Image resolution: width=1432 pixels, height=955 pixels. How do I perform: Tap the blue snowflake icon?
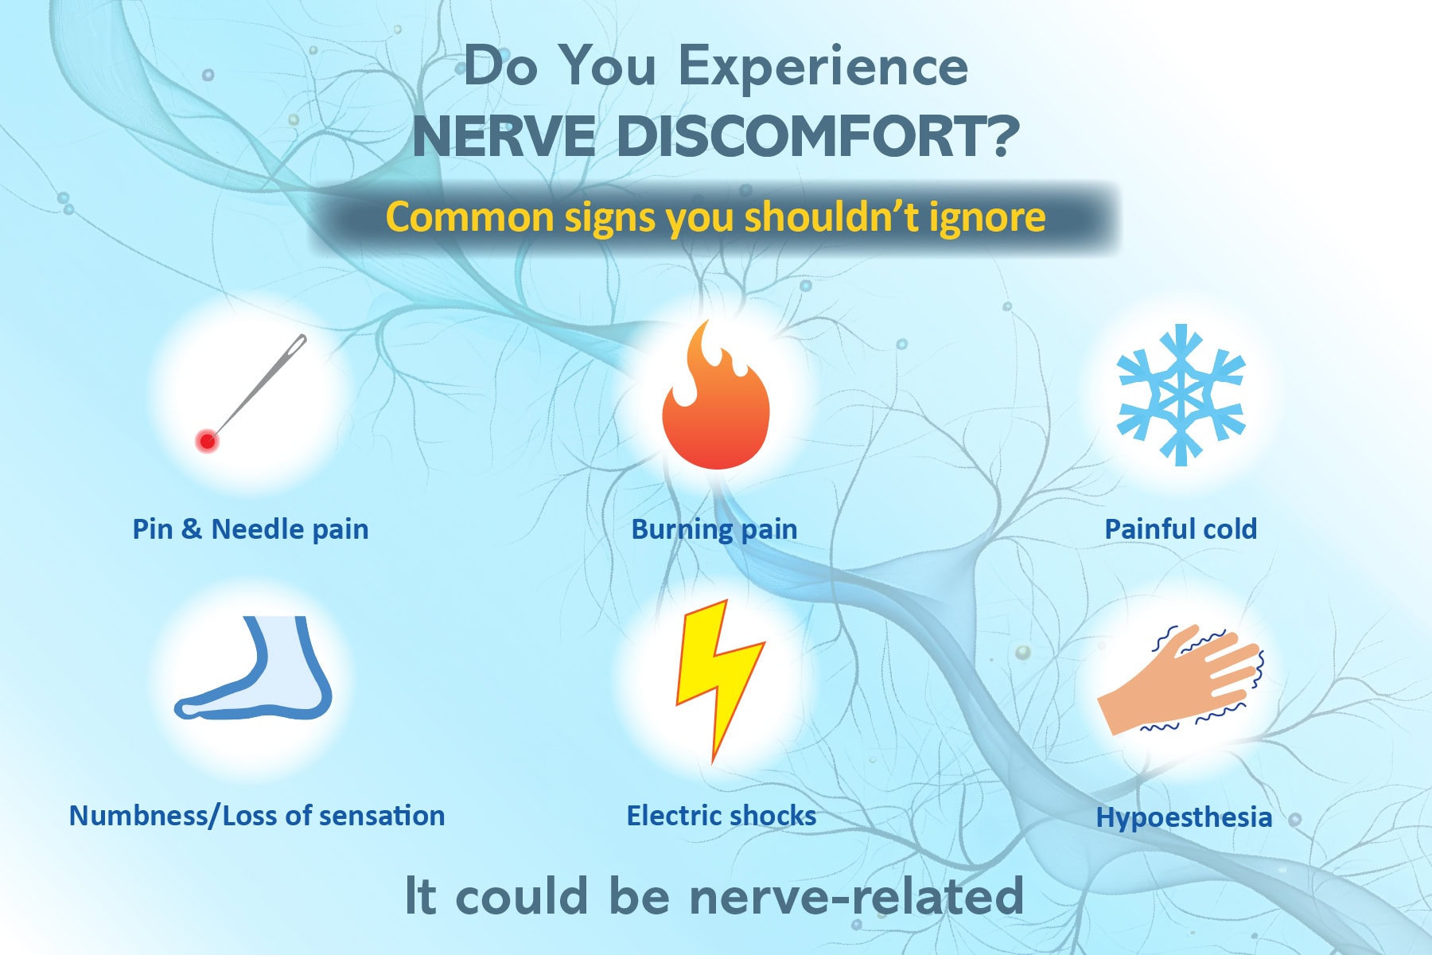[x=1181, y=395]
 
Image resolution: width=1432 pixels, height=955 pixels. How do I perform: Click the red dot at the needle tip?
[x=208, y=441]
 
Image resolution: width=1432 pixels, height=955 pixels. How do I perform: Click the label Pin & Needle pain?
[x=251, y=529]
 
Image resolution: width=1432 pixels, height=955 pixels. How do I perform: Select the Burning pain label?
[x=714, y=530]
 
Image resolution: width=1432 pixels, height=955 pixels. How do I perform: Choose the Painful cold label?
[x=1181, y=529]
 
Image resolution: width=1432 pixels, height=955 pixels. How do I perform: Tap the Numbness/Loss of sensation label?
[x=257, y=817]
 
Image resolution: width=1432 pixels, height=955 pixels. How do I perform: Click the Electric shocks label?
[x=722, y=816]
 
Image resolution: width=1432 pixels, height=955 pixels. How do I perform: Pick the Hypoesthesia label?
[x=1184, y=818]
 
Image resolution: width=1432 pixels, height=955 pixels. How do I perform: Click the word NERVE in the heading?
[x=504, y=136]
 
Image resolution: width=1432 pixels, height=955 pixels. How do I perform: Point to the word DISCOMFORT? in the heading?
[x=818, y=136]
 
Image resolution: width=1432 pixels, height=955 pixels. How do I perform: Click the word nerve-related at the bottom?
[x=856, y=896]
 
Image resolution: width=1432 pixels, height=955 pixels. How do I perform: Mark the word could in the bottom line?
[x=522, y=896]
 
